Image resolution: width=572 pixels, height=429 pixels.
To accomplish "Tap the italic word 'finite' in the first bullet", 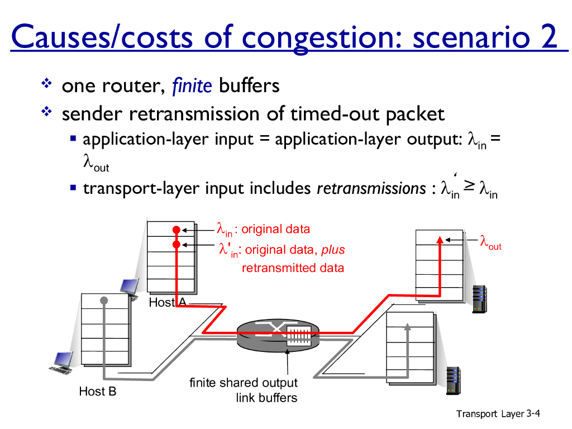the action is [x=192, y=86].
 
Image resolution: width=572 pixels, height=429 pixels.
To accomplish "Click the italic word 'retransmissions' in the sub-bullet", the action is [x=371, y=189].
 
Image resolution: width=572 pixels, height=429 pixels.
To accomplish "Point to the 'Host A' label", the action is [x=167, y=303].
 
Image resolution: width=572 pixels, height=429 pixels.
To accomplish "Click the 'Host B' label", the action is [x=98, y=392].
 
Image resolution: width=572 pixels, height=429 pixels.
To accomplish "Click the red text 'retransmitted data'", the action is [x=293, y=268].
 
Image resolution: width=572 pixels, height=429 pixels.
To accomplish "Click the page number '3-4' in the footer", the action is [x=533, y=413].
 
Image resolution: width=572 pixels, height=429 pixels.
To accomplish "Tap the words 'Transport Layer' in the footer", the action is [x=490, y=414].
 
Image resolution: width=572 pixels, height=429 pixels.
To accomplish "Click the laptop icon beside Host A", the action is [x=130, y=288].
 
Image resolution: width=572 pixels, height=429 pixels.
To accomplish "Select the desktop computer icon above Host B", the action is [x=61, y=362].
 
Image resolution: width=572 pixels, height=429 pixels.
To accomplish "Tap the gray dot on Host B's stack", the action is [x=103, y=301].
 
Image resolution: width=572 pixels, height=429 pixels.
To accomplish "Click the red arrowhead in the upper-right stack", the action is [x=440, y=240].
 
